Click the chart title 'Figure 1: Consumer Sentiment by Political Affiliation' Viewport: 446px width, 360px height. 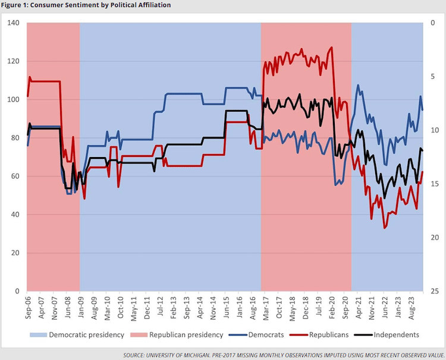pyautogui.click(x=86, y=5)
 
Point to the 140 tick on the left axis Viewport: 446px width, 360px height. pyautogui.click(x=13, y=23)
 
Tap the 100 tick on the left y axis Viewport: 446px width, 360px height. pyautogui.click(x=13, y=100)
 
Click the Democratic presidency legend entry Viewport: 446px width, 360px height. pyautogui.click(x=86, y=334)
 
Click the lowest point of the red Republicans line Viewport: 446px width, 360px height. pyautogui.click(x=385, y=228)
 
